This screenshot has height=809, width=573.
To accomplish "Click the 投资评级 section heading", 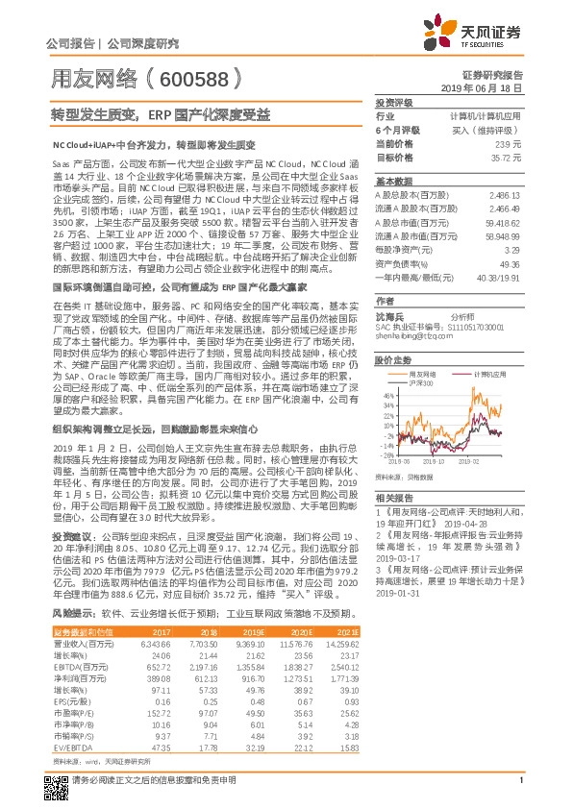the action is pyautogui.click(x=393, y=102).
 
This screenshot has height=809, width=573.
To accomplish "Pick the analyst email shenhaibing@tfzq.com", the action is pyautogui.click(x=413, y=337).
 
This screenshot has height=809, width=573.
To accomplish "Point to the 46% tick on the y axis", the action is pyautogui.click(x=386, y=395).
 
